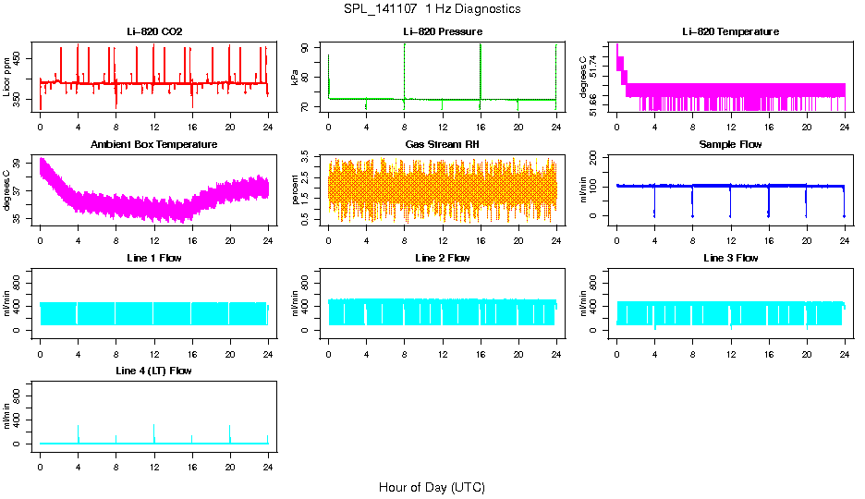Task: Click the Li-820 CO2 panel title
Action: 154,32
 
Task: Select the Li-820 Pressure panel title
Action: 442,32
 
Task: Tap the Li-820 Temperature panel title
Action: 730,32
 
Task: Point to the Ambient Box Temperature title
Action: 154,145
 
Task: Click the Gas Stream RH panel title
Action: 442,145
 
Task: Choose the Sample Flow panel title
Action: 730,145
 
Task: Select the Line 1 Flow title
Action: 154,258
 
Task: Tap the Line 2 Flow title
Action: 442,258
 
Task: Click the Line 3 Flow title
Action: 730,258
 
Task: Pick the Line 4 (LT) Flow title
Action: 154,371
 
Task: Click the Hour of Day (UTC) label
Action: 432,487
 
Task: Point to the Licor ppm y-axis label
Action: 7,77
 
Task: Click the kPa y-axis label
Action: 296,77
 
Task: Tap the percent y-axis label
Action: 296,189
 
